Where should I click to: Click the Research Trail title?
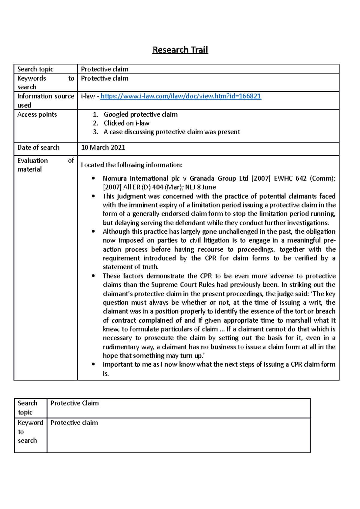[180, 50]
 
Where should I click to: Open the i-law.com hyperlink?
[181, 96]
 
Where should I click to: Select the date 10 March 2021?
[103, 147]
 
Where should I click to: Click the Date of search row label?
[38, 147]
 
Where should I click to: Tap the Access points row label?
[37, 115]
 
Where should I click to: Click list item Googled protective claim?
[140, 115]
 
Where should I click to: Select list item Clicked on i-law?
[126, 123]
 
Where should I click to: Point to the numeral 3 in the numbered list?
[95, 132]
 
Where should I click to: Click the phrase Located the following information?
[131, 165]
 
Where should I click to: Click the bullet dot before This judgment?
[94, 196]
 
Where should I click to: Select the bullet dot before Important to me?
[94, 365]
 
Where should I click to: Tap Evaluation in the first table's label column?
[32, 161]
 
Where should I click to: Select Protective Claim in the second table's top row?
[74, 403]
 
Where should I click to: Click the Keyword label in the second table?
[30, 423]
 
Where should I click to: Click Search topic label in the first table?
[35, 69]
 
